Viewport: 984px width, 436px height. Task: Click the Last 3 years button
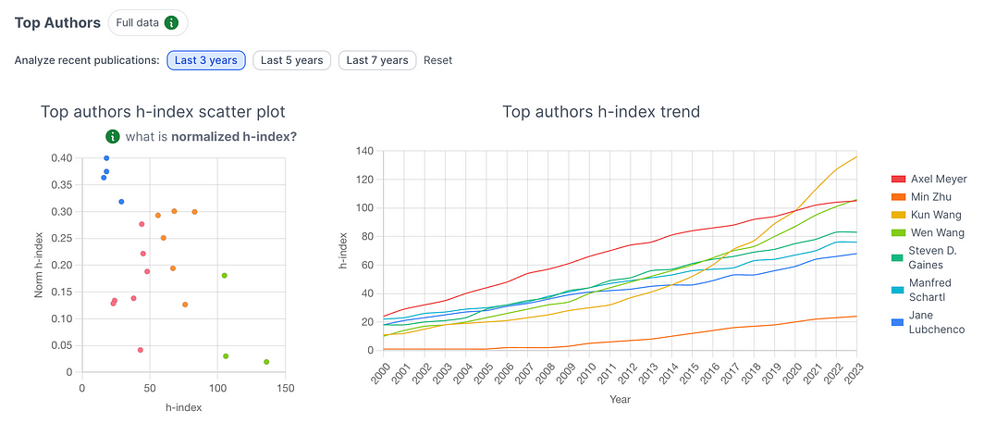coord(205,61)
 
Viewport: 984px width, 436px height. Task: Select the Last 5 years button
coord(291,61)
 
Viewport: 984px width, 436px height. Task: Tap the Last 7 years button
coord(377,61)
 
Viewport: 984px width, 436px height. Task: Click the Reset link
coord(438,61)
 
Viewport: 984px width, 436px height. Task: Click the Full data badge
coord(147,22)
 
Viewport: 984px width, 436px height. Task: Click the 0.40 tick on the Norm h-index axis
coord(60,158)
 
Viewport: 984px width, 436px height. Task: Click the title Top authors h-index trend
coord(601,112)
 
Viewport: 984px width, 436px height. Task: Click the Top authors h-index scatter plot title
coord(163,112)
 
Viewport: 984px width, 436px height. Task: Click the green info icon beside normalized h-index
coord(113,137)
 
